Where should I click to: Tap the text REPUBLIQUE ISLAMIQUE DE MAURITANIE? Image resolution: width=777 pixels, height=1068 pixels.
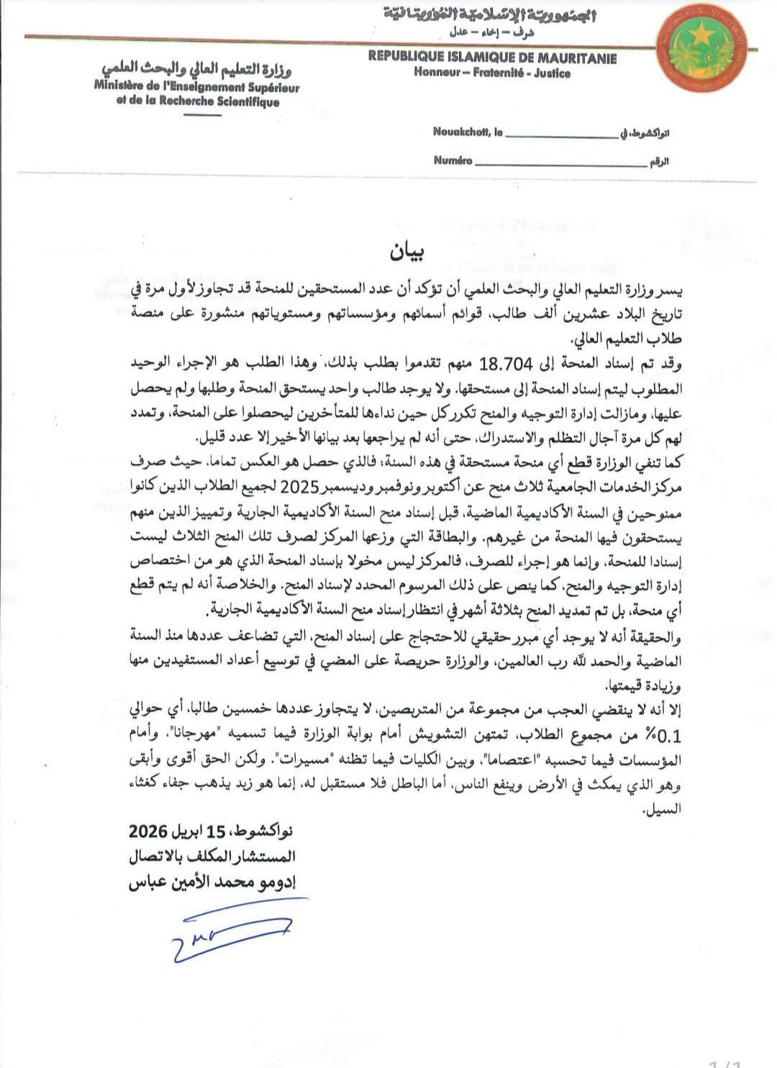click(492, 58)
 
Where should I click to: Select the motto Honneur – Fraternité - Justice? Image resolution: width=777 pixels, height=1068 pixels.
click(492, 73)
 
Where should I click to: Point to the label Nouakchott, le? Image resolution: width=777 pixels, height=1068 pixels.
click(468, 132)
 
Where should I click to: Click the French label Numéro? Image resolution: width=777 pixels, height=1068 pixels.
click(453, 160)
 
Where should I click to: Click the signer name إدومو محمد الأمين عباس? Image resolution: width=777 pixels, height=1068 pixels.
click(212, 882)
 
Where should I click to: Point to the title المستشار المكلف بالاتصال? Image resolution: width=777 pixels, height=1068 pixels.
click(212, 857)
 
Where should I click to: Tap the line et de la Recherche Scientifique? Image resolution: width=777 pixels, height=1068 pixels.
click(197, 101)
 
